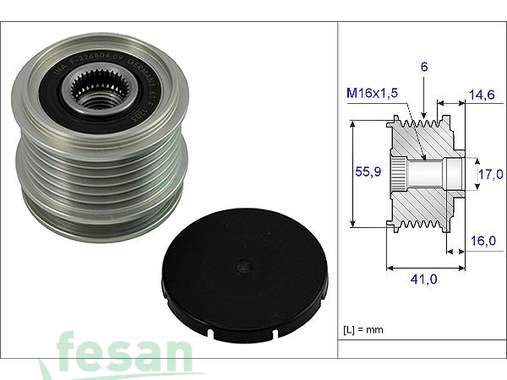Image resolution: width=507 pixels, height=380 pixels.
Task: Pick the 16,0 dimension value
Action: coord(483,241)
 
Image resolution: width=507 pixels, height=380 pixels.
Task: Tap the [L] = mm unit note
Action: coord(363,327)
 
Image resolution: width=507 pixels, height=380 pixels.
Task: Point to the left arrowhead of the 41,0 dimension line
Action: coord(390,269)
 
